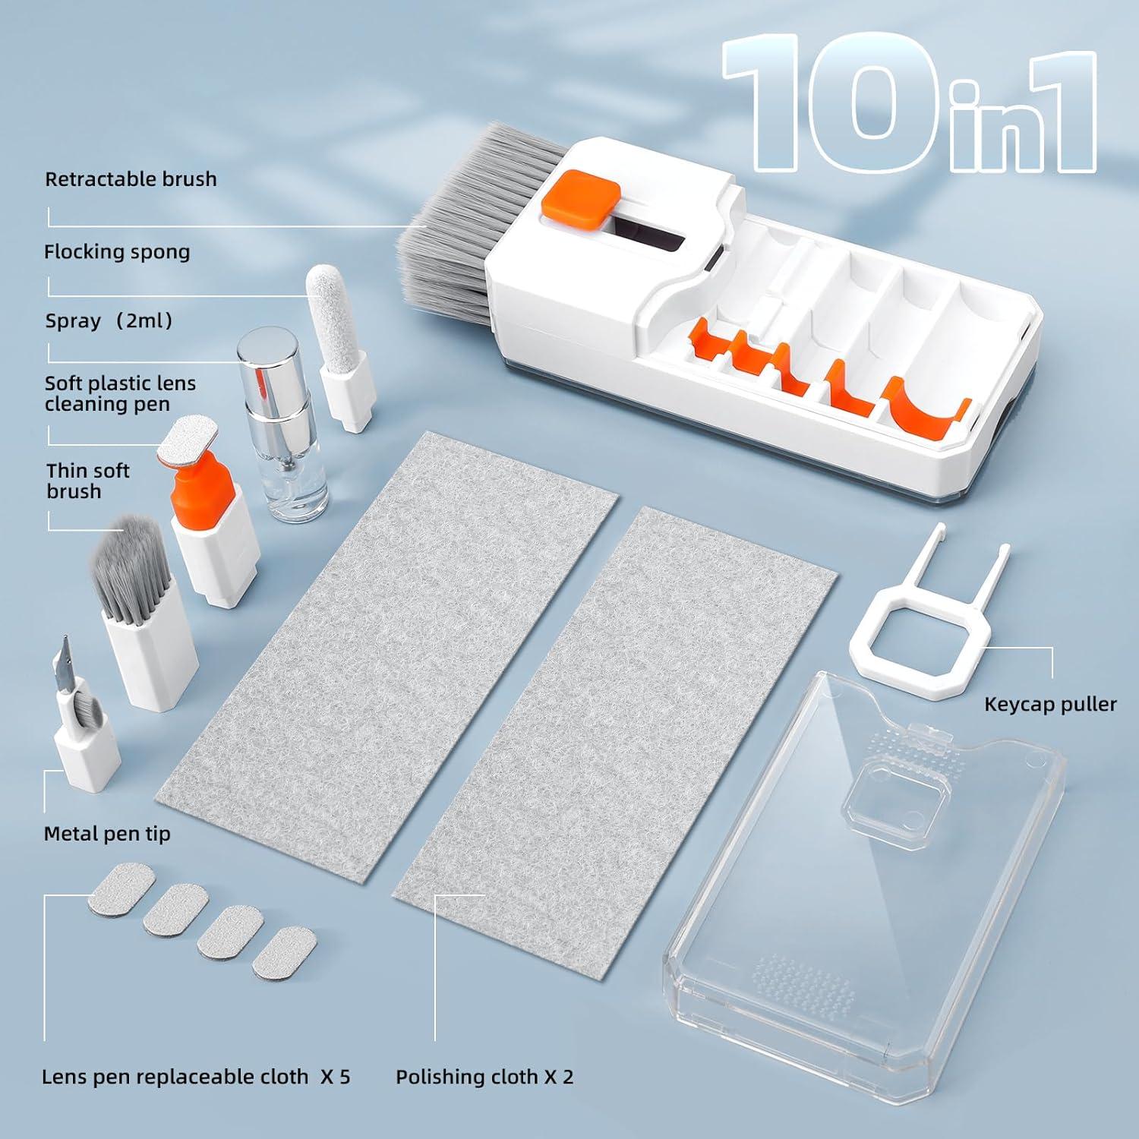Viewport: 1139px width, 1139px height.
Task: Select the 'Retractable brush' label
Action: click(131, 179)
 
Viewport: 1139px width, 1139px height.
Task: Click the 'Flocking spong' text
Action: click(117, 252)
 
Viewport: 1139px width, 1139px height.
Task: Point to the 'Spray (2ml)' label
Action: click(109, 320)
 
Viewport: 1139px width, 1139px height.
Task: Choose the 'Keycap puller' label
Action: click(1049, 704)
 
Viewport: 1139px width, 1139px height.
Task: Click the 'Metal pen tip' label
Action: click(107, 833)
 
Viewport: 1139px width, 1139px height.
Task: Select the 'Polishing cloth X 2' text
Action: click(484, 1076)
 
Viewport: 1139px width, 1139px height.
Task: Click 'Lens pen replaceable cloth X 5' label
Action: click(196, 1076)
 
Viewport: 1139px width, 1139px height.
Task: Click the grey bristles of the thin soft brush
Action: click(121, 562)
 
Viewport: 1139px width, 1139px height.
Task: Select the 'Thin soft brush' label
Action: click(87, 481)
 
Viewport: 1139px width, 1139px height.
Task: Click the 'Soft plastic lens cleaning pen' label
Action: click(120, 393)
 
